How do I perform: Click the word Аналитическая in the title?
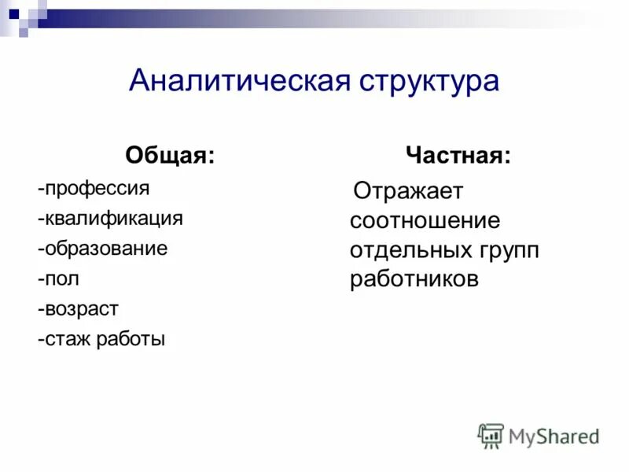point(240,81)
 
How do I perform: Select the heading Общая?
point(170,155)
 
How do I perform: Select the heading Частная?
point(458,155)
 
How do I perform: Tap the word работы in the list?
point(131,339)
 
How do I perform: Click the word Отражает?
point(409,191)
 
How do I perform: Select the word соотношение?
point(425,220)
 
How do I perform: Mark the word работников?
point(414,279)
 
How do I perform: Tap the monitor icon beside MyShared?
point(491,435)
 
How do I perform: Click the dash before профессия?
point(39,190)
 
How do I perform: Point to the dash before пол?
point(39,279)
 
